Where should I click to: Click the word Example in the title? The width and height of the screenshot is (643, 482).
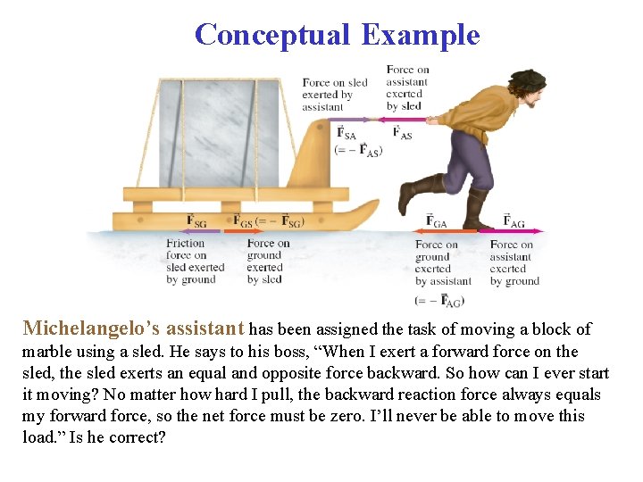pos(421,35)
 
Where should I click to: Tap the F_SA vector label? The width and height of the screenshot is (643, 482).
pos(346,133)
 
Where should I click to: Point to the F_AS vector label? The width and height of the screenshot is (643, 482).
pos(402,133)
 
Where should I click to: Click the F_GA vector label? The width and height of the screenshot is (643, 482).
pos(437,220)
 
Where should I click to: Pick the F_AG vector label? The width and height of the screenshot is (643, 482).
pos(514,220)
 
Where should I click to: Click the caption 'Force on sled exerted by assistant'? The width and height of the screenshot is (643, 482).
pos(334,95)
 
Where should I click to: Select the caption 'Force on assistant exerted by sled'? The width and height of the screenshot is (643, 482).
pos(406,87)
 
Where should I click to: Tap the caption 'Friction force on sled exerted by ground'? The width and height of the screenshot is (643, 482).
pos(195,262)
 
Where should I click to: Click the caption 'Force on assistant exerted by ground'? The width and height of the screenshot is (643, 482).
pos(514,263)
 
